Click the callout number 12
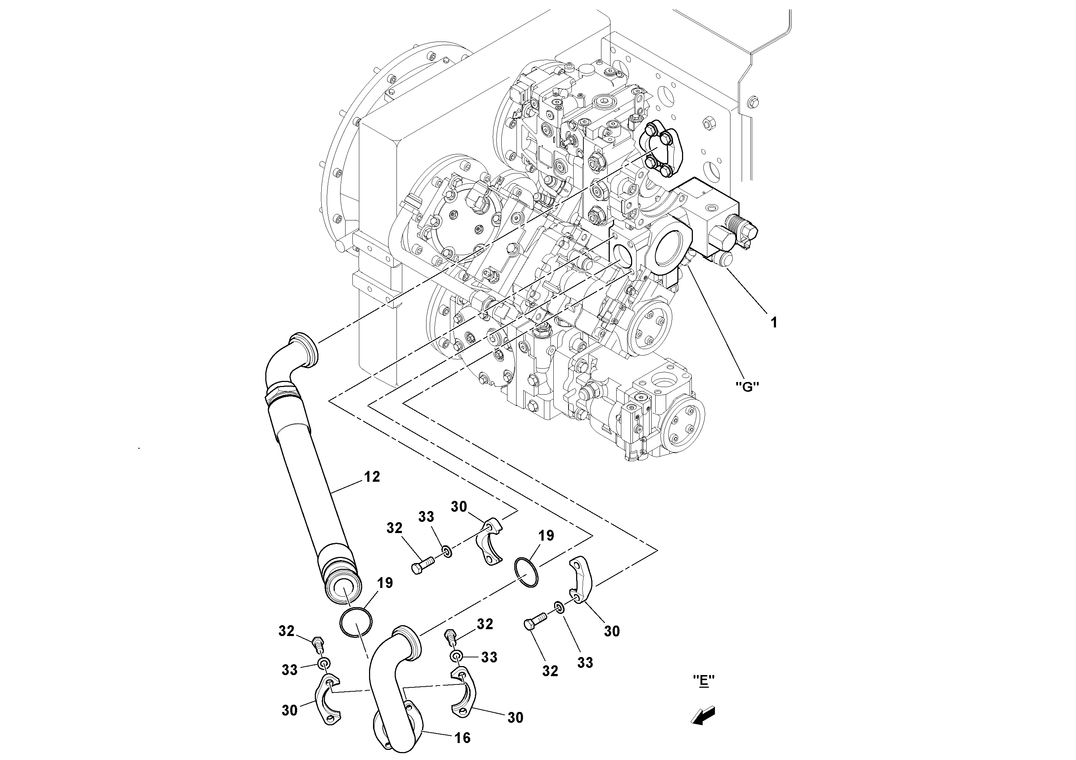click(371, 477)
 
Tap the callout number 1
click(774, 322)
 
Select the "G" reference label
click(747, 387)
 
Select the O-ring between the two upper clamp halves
click(527, 572)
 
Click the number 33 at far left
click(289, 670)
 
